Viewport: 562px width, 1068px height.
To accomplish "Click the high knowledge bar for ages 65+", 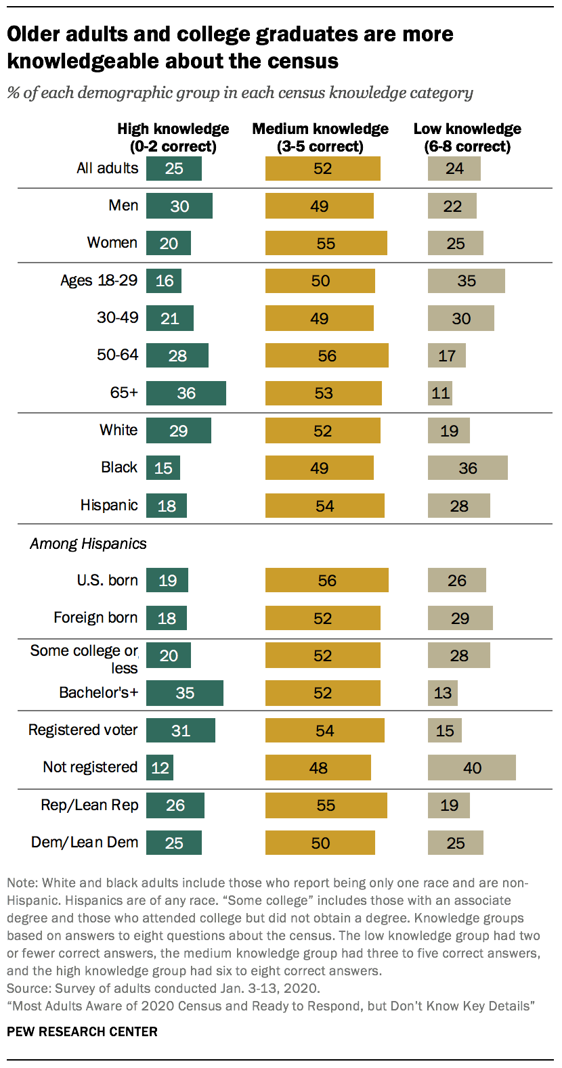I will coord(186,393).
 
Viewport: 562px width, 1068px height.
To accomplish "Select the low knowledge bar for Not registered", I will coord(472,767).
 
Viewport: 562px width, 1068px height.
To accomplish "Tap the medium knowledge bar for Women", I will coord(326,243).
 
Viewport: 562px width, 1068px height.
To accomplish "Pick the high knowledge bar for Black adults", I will coord(163,468).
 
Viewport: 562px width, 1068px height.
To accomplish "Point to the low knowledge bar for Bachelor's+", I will coord(443,693).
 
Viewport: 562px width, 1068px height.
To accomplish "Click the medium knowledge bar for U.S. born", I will coord(326,580).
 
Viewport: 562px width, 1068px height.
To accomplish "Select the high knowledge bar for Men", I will coord(179,206).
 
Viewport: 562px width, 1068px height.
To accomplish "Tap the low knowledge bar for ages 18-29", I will coord(467,281).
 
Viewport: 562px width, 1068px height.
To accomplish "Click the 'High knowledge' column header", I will coord(173,137).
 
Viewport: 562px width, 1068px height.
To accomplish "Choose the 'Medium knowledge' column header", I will coord(320,137).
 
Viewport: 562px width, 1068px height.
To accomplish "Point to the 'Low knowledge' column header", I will coord(467,137).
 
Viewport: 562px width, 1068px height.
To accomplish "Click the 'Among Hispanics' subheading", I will coord(88,543).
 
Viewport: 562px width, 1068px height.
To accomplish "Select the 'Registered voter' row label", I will coord(83,730).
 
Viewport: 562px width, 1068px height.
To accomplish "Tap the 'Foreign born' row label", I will coord(95,617).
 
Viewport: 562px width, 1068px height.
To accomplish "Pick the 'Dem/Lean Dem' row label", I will coord(85,843).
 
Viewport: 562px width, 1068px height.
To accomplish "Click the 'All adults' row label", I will coord(107,168).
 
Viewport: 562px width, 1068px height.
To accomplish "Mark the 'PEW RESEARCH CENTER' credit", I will coord(82,1032).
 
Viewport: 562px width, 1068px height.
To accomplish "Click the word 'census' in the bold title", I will coord(301,61).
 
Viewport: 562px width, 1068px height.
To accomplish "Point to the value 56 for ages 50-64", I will coord(326,356).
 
